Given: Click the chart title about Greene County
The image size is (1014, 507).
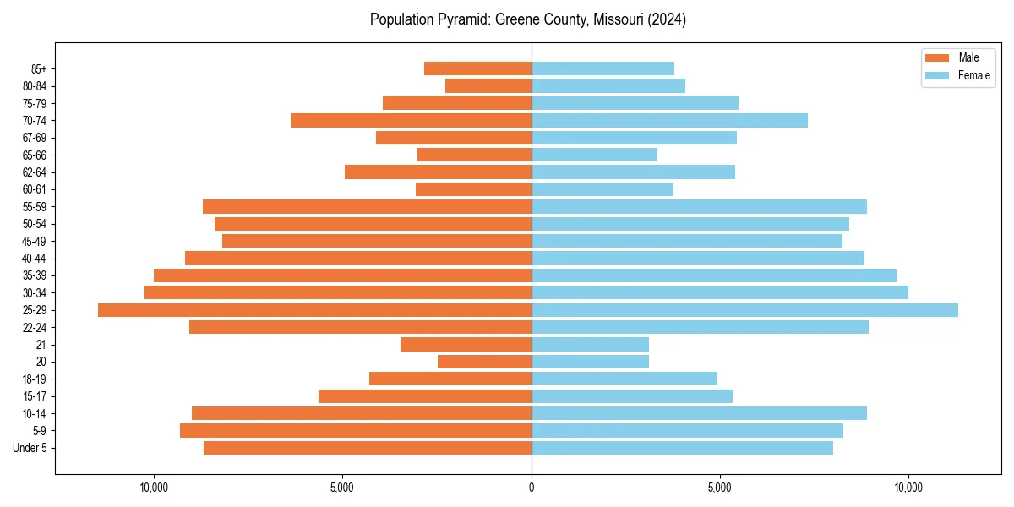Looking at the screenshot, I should coord(527,19).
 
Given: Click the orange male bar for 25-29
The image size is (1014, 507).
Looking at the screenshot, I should coord(314,310).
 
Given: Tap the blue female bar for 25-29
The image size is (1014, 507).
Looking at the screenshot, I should coord(744,310).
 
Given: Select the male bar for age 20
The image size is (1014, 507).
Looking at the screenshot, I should coord(484,362).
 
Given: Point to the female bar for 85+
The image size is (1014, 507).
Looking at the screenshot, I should coord(602,68).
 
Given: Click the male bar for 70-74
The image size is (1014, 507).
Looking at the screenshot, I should coord(411,120).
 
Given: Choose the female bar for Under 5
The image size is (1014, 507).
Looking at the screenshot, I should coord(682,448).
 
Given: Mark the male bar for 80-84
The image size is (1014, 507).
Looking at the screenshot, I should coord(488,85).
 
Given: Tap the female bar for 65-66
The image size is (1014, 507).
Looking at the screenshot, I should coord(594,155).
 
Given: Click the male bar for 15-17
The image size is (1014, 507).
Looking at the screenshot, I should coord(425,396).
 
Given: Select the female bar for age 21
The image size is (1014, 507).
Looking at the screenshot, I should coord(590,345).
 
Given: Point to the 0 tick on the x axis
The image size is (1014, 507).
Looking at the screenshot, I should coord(532,488).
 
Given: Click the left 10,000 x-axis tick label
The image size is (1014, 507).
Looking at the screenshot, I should coord(154,488).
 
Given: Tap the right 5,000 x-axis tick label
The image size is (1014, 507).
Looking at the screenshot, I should coord(719,488).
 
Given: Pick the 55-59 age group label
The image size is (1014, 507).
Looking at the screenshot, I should coord(35,206).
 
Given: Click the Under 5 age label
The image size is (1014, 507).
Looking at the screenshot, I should coord(30,448).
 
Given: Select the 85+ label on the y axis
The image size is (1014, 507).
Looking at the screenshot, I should coord(38,68).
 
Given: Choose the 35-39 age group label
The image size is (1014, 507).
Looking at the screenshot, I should coord(35,275).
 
